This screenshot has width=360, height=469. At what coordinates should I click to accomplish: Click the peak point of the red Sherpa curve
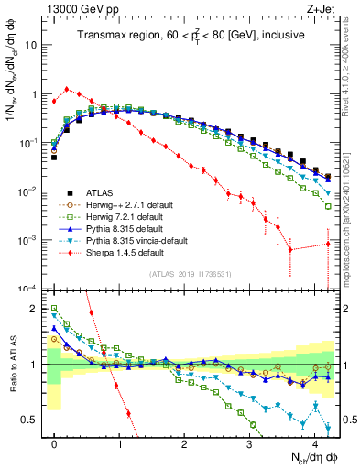pos(67,89)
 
